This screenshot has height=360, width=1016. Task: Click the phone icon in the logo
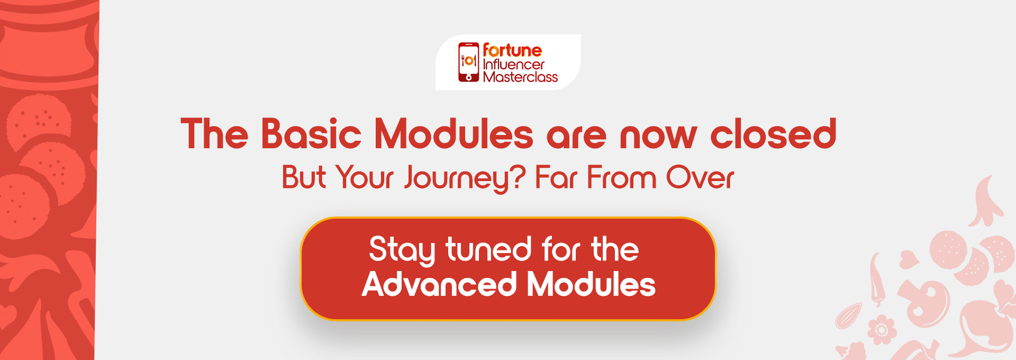tap(468, 62)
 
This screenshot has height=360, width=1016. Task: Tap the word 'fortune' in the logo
tap(512, 50)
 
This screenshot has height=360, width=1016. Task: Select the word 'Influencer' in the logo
tap(514, 65)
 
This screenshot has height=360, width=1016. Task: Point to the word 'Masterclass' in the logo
tap(520, 77)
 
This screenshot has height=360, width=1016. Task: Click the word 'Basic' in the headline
tap(311, 133)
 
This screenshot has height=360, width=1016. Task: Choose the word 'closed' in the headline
tap(773, 133)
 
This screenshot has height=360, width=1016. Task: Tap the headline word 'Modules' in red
tap(453, 133)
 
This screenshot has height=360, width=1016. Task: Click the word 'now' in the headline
tap(658, 137)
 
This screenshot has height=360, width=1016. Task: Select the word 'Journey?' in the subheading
tap(465, 178)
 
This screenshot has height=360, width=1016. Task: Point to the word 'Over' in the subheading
tap(700, 177)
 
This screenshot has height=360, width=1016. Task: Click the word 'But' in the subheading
tap(304, 177)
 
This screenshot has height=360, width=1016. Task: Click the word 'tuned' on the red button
tap(488, 249)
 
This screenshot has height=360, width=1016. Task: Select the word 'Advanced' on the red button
tap(439, 284)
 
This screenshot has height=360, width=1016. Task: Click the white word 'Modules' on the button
tap(591, 284)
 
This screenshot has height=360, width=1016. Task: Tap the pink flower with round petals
tap(881, 330)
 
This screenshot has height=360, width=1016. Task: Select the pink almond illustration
tap(848, 316)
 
